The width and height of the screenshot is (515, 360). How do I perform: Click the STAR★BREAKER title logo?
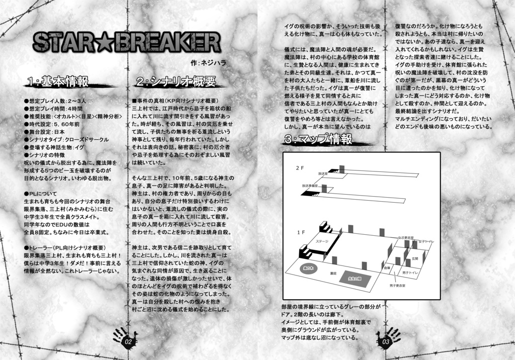click(127, 44)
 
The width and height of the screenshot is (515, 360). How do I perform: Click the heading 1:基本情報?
click(58, 81)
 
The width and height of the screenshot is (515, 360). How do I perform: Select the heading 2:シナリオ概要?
click(176, 81)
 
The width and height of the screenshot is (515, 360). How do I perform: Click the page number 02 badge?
click(127, 341)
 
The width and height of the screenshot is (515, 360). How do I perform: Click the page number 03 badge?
click(387, 341)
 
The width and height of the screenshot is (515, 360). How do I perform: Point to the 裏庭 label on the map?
click(332, 273)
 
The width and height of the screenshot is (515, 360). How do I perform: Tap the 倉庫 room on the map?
click(386, 268)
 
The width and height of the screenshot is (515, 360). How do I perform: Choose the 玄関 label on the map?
click(415, 258)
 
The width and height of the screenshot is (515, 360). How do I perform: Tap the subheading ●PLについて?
click(41, 194)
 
